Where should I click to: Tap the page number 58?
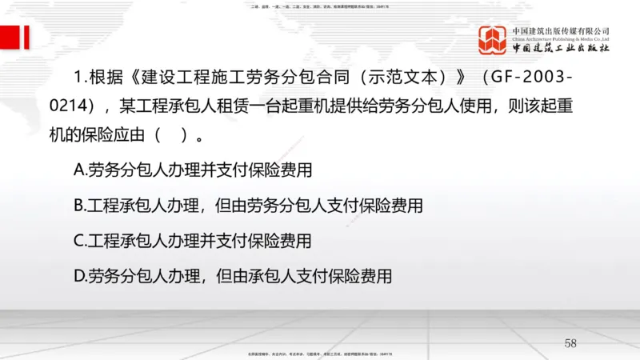coord(570,343)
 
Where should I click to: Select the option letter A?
coord(78,170)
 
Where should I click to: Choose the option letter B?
coord(78,206)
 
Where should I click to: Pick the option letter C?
coord(78,241)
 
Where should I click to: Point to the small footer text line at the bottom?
coord(320,352)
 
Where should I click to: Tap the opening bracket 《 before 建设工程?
coord(130,79)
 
